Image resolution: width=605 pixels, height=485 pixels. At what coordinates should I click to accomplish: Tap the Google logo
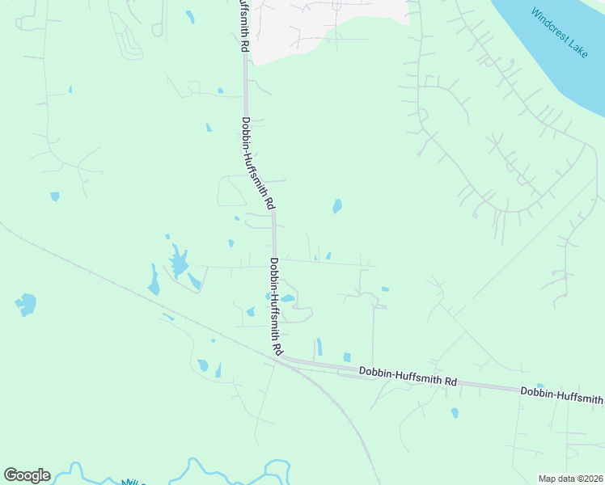27,475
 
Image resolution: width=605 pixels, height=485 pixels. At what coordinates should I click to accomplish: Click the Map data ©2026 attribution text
569,479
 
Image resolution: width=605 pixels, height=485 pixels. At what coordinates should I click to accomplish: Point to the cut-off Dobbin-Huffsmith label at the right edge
562,395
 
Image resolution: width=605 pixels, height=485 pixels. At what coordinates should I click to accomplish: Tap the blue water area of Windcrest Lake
550,57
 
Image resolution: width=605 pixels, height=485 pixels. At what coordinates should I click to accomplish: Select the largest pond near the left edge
26,305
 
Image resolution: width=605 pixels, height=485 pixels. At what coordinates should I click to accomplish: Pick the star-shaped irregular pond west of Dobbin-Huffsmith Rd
179,263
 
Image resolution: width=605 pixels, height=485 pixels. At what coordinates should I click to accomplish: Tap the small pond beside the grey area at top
190,15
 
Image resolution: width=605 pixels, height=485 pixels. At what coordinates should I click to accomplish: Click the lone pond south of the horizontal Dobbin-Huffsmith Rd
455,412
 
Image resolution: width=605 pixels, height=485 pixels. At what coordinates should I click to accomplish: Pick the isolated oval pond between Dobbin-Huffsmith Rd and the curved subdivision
337,206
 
